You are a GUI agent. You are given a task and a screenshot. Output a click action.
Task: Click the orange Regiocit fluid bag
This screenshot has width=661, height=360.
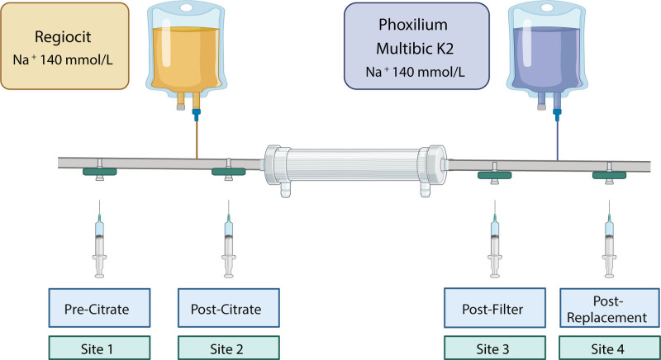(187, 54)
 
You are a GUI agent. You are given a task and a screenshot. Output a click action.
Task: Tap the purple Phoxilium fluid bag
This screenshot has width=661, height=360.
(547, 54)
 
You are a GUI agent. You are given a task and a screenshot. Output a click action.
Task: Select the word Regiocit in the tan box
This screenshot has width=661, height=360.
(63, 37)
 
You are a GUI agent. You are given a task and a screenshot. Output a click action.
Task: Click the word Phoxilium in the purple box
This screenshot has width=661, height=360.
(412, 25)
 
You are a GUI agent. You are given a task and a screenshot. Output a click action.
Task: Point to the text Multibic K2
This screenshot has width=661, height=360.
(415, 49)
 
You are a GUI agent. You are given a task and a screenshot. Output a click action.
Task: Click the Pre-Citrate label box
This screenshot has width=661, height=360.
(99, 308)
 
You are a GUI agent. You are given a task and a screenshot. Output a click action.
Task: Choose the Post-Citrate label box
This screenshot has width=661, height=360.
(229, 308)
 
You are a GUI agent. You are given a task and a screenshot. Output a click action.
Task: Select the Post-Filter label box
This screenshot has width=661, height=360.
(495, 308)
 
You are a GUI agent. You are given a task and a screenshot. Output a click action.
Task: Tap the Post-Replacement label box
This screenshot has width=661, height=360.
(610, 308)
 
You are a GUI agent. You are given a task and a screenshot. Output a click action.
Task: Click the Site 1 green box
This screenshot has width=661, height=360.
(99, 348)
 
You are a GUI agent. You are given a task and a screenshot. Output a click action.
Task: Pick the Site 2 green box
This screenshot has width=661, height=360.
(229, 348)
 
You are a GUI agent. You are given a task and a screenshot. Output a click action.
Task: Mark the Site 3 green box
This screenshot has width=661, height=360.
(495, 348)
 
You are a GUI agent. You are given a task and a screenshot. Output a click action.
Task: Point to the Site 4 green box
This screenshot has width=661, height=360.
(610, 348)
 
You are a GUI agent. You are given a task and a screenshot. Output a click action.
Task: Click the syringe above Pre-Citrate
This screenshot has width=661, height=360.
(99, 239)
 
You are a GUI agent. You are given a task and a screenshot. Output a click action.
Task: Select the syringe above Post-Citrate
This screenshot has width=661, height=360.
(229, 239)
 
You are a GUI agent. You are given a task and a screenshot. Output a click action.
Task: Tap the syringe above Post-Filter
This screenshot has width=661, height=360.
(495, 239)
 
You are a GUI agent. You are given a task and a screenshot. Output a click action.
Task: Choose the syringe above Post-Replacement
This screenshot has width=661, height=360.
(609, 239)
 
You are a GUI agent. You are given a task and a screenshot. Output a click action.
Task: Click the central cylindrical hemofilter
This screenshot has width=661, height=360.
(355, 165)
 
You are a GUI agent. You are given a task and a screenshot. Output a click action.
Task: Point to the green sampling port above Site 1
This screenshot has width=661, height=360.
(99, 172)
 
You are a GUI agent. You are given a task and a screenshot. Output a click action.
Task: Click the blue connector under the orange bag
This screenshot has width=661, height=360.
(197, 114)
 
